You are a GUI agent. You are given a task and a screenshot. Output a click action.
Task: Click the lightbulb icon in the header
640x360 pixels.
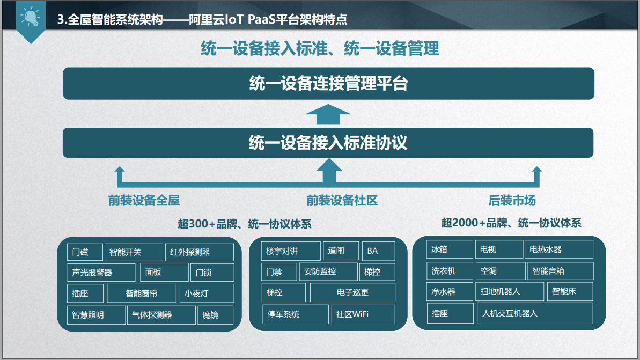tap(30, 17)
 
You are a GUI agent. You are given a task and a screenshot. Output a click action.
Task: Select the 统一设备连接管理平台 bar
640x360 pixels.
tap(328, 83)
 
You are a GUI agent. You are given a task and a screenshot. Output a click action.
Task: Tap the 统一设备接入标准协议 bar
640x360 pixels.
tap(328, 143)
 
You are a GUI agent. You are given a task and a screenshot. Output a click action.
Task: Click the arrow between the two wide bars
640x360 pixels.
tap(328, 114)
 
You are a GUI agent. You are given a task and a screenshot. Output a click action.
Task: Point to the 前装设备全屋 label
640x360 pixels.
tap(144, 201)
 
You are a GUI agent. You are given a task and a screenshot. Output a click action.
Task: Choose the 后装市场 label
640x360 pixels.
tap(512, 201)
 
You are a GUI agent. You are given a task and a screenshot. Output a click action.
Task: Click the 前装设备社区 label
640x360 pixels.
tap(342, 201)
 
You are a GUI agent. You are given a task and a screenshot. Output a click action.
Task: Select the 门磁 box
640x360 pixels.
tap(85, 252)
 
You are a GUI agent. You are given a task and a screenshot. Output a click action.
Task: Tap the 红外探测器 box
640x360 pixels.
tap(200, 252)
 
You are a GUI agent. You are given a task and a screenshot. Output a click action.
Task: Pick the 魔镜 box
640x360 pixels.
tap(215, 315)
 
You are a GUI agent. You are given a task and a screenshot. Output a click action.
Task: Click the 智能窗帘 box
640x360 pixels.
tap(142, 293)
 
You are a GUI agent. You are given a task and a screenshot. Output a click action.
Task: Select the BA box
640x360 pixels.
tap(379, 251)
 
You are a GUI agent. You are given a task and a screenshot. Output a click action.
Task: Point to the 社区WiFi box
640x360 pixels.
tap(363, 314)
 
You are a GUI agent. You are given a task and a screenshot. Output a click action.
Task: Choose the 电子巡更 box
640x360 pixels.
tap(352, 292)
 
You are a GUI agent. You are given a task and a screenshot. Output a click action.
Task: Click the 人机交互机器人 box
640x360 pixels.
tap(535, 313)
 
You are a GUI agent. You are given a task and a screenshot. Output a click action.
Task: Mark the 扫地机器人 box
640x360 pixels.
tap(510, 291)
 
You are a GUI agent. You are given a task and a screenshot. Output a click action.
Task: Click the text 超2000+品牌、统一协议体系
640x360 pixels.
tap(511, 223)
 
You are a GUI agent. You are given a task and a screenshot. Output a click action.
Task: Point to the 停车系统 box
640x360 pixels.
tap(296, 314)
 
